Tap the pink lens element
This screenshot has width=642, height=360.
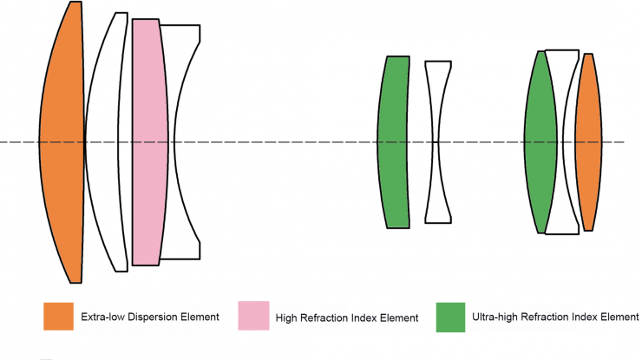(147, 143)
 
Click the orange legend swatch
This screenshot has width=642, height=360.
(58, 317)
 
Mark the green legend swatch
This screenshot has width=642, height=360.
(449, 317)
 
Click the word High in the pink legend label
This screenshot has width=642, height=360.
(285, 318)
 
